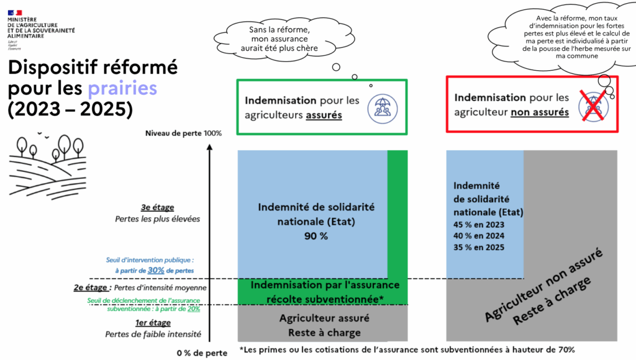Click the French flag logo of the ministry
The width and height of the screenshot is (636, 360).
pos(14,12)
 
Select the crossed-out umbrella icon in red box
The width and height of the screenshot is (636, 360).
pos(591,104)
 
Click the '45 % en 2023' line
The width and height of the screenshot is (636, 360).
pos(478,225)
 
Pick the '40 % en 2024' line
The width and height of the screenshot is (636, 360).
pos(478,236)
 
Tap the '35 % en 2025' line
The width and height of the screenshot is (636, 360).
pos(478,247)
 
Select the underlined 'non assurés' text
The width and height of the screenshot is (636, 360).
pos(540,112)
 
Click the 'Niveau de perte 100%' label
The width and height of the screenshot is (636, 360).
pos(183,133)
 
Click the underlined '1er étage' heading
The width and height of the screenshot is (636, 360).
pos(153,323)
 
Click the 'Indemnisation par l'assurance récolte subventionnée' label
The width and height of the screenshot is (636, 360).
pos(316,291)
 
